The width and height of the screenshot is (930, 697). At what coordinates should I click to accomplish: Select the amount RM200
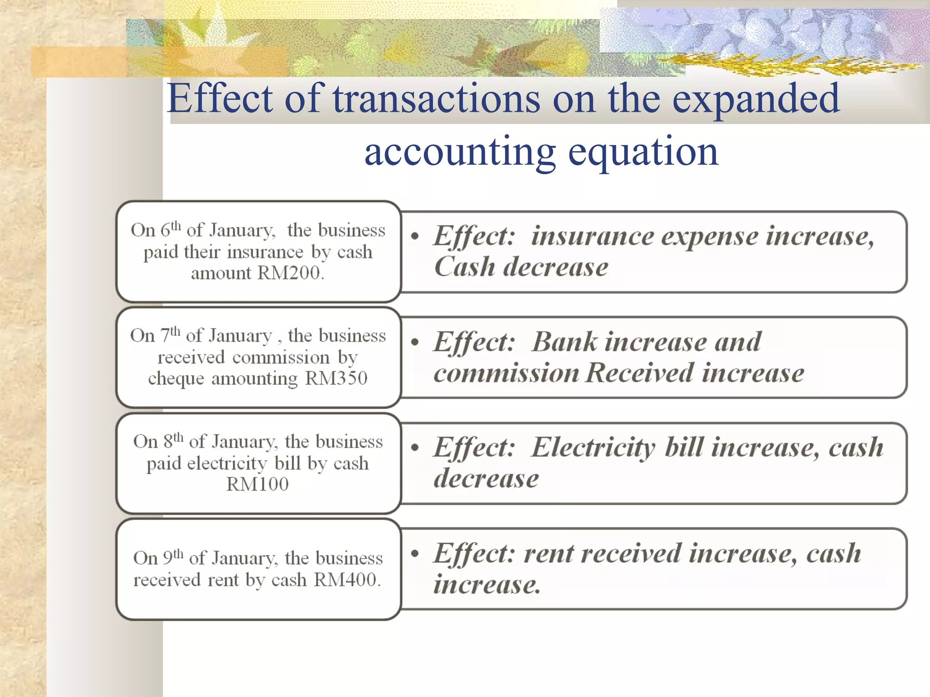291,273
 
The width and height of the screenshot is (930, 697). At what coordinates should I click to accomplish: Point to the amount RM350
336,378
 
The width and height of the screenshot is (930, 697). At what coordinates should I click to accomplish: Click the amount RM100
257,485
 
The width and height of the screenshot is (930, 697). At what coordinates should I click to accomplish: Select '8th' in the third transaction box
173,441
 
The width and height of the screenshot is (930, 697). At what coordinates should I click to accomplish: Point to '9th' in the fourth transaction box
173,557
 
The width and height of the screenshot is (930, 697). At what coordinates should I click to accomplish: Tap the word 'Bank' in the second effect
564,342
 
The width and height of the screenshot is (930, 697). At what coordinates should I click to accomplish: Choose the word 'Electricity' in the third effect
593,448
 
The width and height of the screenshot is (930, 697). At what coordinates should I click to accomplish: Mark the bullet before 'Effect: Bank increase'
415,342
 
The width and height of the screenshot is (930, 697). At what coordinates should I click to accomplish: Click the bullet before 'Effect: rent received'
415,553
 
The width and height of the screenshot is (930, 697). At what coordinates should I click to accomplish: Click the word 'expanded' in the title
755,98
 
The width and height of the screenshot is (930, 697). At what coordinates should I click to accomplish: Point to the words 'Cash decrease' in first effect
521,267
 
